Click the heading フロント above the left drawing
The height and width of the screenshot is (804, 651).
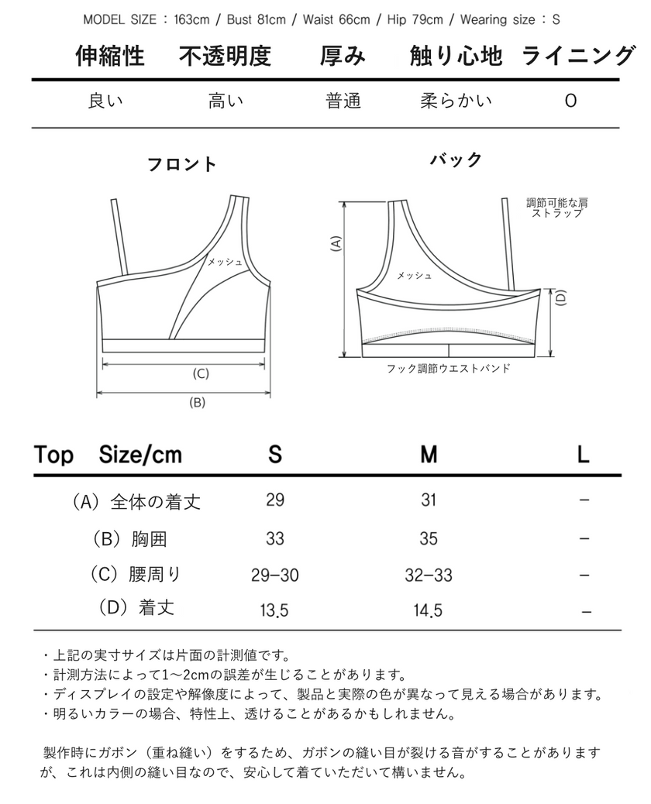[182, 164]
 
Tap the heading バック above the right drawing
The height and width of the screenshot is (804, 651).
[456, 160]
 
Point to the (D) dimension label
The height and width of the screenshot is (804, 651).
[562, 297]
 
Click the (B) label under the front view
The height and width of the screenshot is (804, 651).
[197, 402]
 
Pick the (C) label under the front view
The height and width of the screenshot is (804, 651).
[200, 373]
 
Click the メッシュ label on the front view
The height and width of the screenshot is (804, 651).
[225, 262]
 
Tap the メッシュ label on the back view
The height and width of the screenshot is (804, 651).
[414, 275]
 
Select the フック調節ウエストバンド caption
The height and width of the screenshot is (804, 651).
[448, 369]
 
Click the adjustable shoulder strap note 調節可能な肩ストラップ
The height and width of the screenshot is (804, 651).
[556, 208]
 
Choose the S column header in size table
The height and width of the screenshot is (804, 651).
[275, 455]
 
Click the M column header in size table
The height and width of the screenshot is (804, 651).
[429, 455]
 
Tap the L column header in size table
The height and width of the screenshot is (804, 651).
[584, 455]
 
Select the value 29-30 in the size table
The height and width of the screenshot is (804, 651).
[275, 575]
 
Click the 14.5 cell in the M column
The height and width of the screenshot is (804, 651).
[429, 610]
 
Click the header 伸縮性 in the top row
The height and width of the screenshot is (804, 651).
[110, 57]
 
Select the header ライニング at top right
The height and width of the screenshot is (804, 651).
[579, 57]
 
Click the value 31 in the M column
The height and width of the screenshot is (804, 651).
[429, 500]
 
